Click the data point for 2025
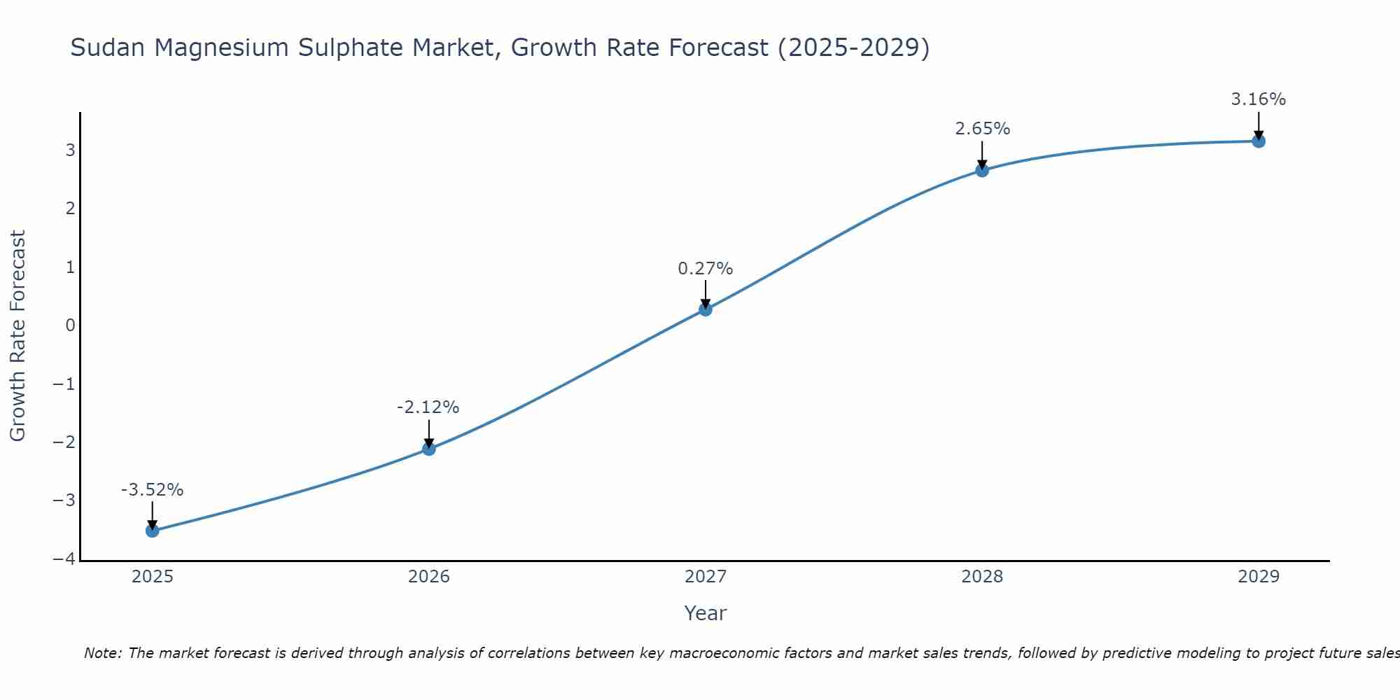pyautogui.click(x=153, y=531)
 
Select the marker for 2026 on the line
pyautogui.click(x=429, y=449)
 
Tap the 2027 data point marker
pyautogui.click(x=706, y=309)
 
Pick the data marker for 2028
pyautogui.click(x=982, y=170)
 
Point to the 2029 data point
pyautogui.click(x=1259, y=141)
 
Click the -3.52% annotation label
pyautogui.click(x=152, y=490)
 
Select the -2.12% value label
pyautogui.click(x=428, y=407)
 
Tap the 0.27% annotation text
pyautogui.click(x=705, y=269)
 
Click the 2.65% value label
pyautogui.click(x=982, y=129)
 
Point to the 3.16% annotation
pyautogui.click(x=1258, y=99)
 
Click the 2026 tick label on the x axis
pyautogui.click(x=429, y=577)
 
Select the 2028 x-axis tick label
pyautogui.click(x=982, y=577)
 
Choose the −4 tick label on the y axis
pyautogui.click(x=64, y=559)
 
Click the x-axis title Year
pyautogui.click(x=705, y=613)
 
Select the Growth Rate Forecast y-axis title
pyautogui.click(x=17, y=335)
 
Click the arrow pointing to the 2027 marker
pyautogui.click(x=706, y=293)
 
